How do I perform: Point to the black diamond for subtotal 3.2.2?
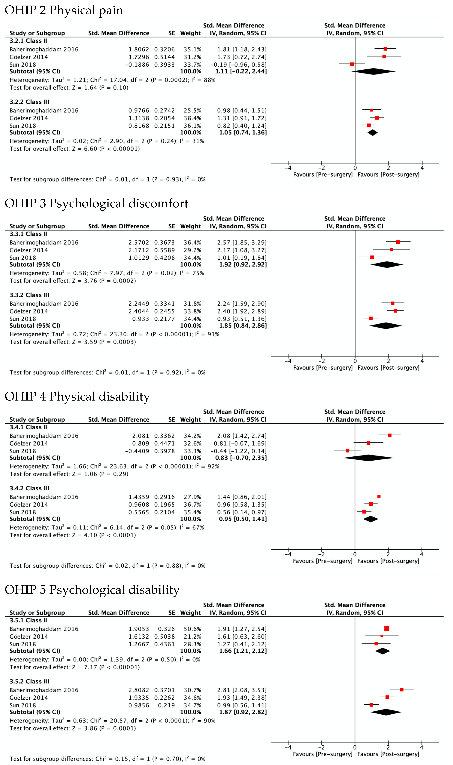coord(372,133)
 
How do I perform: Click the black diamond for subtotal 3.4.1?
coord(368,458)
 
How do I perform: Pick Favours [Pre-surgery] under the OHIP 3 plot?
coord(323,368)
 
